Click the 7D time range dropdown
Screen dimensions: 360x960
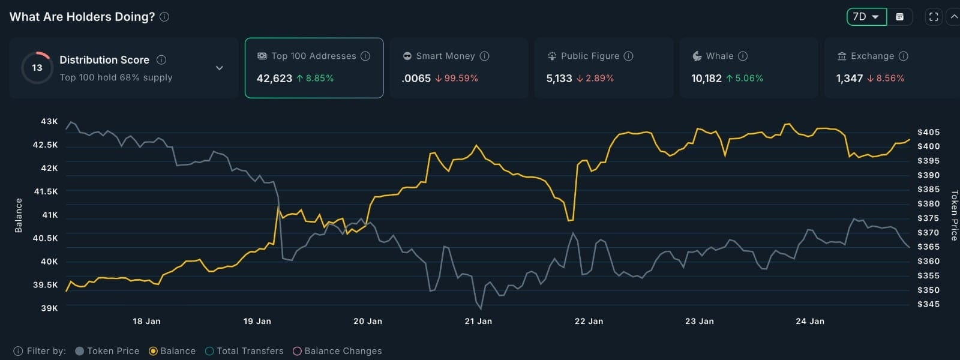[x=866, y=17]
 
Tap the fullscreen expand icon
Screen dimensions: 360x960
[x=934, y=17]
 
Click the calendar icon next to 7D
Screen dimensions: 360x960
[x=899, y=17]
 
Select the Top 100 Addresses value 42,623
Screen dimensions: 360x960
[x=274, y=78]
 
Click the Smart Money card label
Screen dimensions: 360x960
[x=445, y=56]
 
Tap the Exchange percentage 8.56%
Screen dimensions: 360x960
[x=890, y=78]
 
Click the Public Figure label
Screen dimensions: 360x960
[x=590, y=56]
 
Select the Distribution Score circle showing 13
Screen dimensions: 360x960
[x=37, y=68]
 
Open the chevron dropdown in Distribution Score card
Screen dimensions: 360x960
[x=220, y=68]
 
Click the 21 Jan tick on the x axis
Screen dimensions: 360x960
[x=478, y=321]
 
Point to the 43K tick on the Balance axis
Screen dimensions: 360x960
[x=49, y=121]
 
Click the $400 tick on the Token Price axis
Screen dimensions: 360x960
[x=928, y=146]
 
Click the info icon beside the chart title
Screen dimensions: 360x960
[x=164, y=17]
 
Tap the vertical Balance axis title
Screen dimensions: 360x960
[x=18, y=215]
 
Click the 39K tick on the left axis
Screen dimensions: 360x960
[x=49, y=308]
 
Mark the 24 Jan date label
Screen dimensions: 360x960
[x=810, y=321]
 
